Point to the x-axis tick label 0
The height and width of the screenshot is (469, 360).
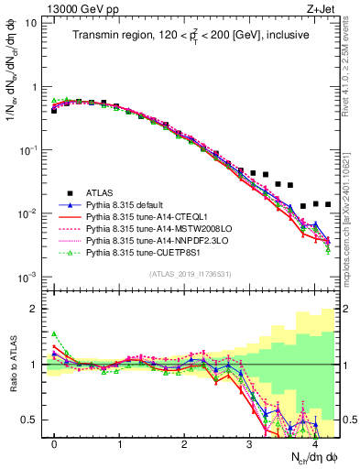54,443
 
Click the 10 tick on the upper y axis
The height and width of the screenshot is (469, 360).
32,22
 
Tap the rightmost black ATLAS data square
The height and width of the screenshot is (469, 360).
328,204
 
